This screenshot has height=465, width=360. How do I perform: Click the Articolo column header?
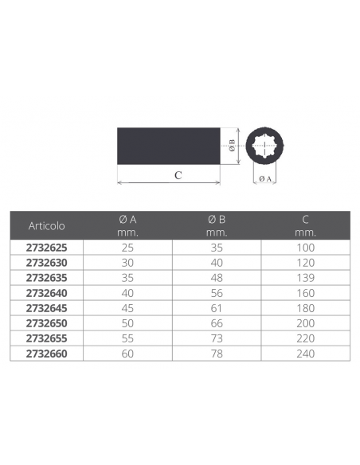click(x=46, y=226)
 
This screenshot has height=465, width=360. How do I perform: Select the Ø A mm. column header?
click(x=127, y=225)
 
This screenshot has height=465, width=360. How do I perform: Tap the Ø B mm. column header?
click(x=217, y=225)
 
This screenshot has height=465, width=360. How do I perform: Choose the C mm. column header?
click(x=305, y=225)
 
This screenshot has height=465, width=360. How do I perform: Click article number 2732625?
click(x=46, y=248)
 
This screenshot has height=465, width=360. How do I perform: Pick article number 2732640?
click(x=46, y=293)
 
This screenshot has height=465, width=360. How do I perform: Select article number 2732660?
click(x=46, y=354)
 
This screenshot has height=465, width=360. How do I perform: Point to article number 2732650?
click(x=46, y=323)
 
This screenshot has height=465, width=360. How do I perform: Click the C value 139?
click(x=305, y=278)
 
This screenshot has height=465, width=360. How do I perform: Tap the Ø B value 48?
click(x=217, y=278)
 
